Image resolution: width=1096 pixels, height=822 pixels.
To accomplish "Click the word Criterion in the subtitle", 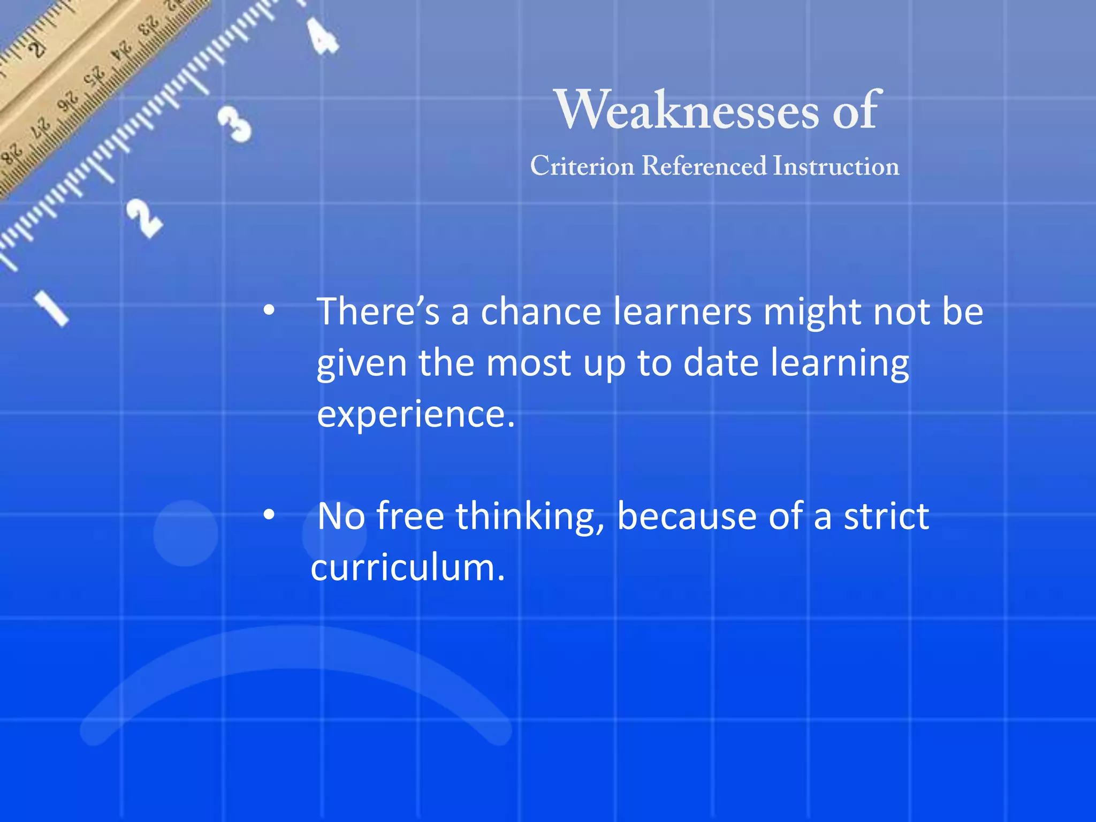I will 582,166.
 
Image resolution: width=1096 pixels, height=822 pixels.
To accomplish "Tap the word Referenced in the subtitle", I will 704,166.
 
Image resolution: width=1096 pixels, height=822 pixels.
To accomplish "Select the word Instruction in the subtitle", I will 836,166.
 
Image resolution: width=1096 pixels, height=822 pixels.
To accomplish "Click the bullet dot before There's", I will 269,310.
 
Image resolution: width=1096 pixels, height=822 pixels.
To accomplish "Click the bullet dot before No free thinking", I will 269,515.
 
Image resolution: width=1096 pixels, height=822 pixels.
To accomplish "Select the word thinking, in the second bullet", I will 530,517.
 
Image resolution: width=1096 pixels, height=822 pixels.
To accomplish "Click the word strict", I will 886,517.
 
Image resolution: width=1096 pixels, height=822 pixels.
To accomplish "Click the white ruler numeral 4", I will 323,36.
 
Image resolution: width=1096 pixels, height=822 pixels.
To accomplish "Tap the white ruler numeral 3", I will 234,124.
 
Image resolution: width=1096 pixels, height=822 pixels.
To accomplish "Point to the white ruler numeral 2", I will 144,218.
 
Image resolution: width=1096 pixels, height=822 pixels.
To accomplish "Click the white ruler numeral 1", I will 52,307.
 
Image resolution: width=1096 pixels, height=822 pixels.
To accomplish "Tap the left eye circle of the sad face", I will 185,533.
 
